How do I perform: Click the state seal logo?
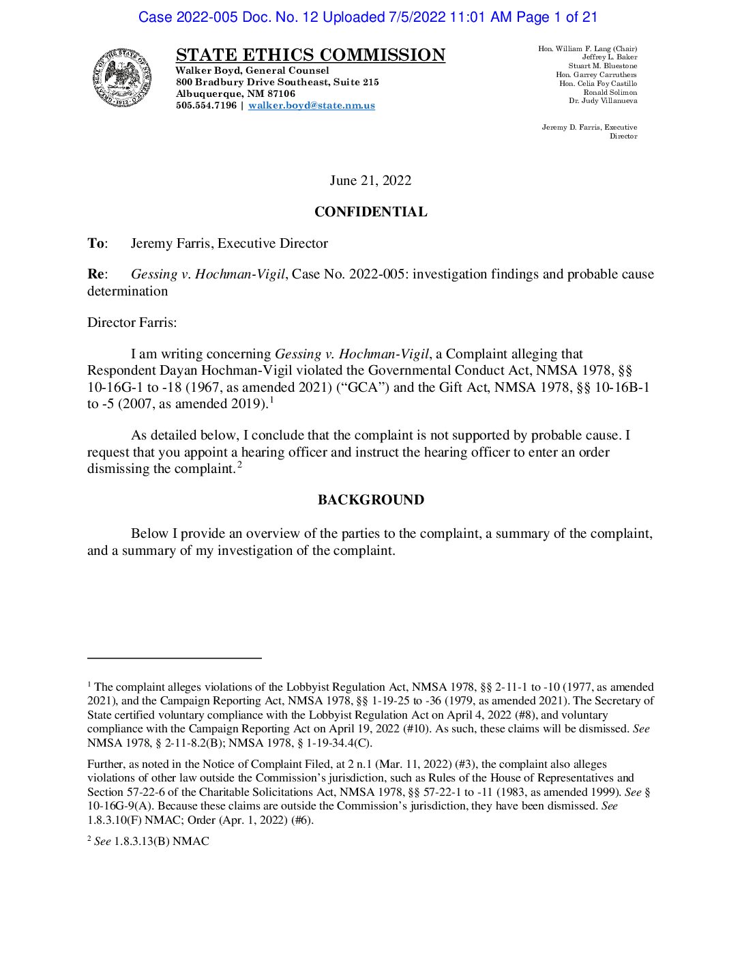123,78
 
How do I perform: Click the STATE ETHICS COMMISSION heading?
310,55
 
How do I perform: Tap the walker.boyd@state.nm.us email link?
312,106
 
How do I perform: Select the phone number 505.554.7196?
206,106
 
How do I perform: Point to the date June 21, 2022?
370,180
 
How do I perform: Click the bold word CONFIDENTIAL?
370,212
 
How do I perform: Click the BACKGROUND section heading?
370,500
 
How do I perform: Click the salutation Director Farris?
132,322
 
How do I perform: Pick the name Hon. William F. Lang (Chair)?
587,49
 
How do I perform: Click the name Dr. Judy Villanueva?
603,101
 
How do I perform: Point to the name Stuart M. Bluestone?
603,66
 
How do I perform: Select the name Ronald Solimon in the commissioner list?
610,92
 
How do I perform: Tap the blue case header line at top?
368,17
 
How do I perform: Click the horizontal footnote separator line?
175,658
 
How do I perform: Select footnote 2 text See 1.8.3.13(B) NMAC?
148,842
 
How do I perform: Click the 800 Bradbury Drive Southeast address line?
277,83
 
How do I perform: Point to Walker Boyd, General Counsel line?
252,71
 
